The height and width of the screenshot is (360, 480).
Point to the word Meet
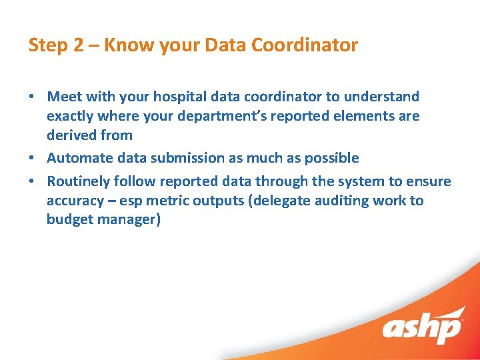pyautogui.click(x=65, y=97)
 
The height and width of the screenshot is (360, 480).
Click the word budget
pyautogui.click(x=69, y=220)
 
